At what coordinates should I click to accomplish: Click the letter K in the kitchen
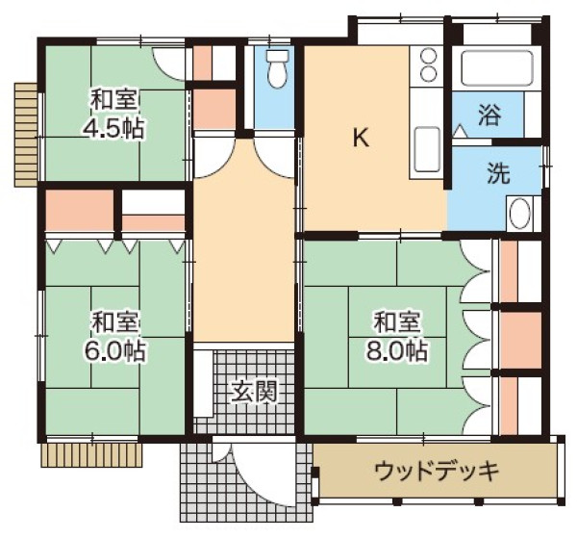pos(360,138)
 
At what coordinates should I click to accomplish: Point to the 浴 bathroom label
pos(490,116)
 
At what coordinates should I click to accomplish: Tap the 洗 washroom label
pos(497,174)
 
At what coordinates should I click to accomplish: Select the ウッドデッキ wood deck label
pos(437,472)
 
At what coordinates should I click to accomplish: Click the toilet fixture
pos(277,67)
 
